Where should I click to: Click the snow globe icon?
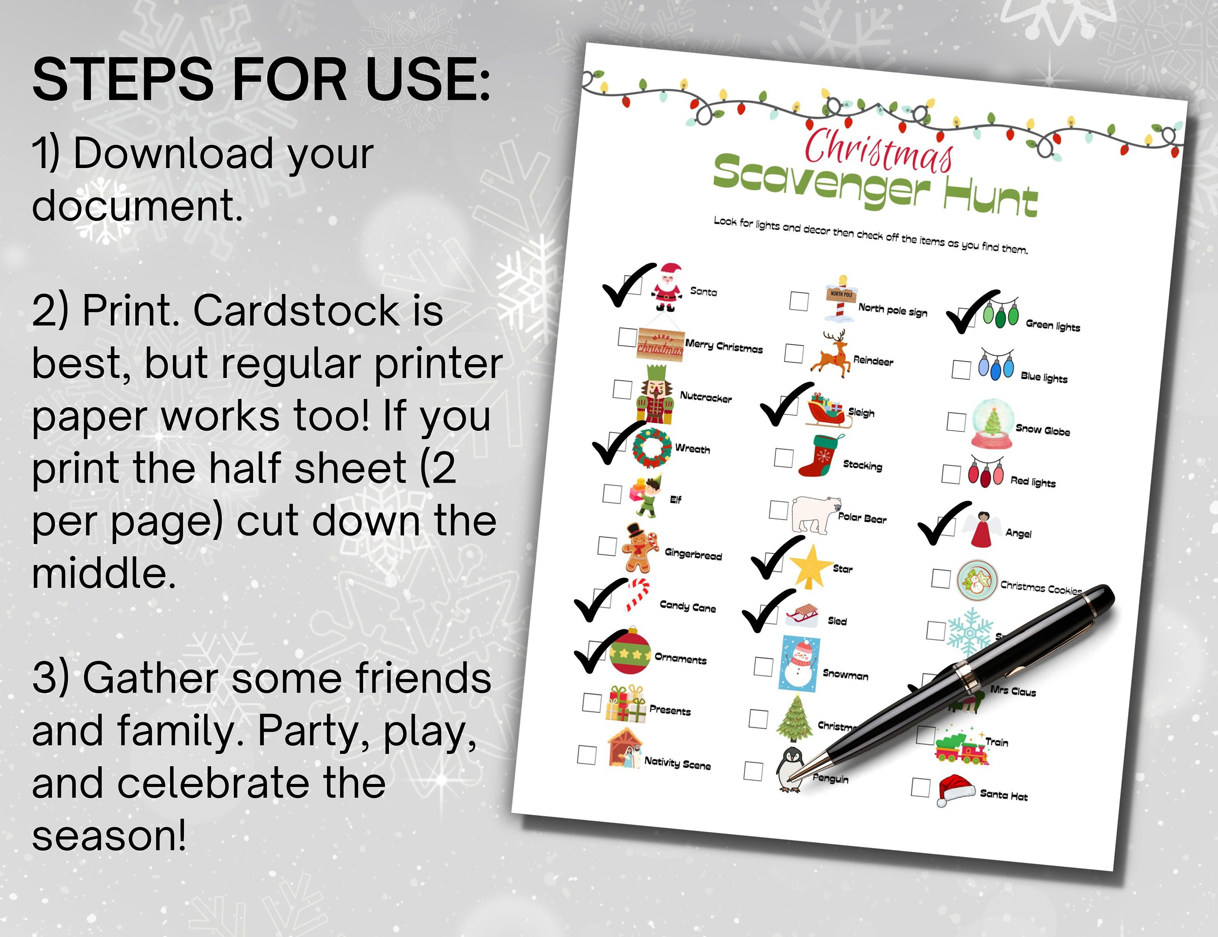pyautogui.click(x=991, y=423)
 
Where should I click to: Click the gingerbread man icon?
pyautogui.click(x=639, y=548)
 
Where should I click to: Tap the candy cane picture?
pyautogui.click(x=636, y=594)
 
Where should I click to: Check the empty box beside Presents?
pyautogui.click(x=592, y=703)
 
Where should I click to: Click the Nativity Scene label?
pyautogui.click(x=677, y=763)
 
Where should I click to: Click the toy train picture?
pyautogui.click(x=960, y=748)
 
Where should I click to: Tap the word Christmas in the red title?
pyautogui.click(x=878, y=149)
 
